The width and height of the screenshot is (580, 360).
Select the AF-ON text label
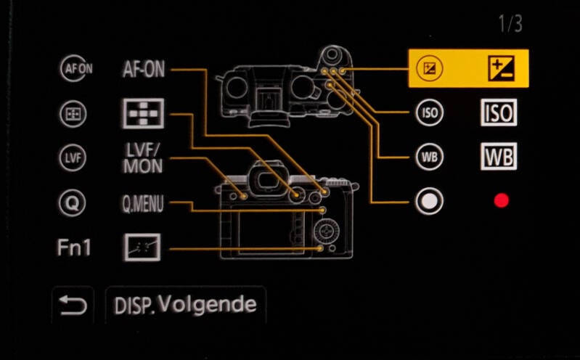[x=143, y=70]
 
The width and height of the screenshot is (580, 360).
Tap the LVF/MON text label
[x=142, y=158]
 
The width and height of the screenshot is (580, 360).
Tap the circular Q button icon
[x=71, y=202]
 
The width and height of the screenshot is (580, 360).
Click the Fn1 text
[x=74, y=247]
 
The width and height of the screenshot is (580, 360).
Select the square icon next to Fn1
[x=142, y=248]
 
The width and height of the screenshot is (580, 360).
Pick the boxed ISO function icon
[x=499, y=112]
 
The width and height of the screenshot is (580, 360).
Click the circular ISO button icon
[x=429, y=112]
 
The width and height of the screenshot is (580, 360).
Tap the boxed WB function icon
[x=499, y=157]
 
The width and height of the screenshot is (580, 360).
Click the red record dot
[x=501, y=200]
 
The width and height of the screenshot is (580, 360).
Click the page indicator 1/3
[x=509, y=24]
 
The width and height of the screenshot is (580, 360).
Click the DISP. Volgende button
[x=186, y=305]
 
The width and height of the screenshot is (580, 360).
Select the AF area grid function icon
[x=142, y=113]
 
